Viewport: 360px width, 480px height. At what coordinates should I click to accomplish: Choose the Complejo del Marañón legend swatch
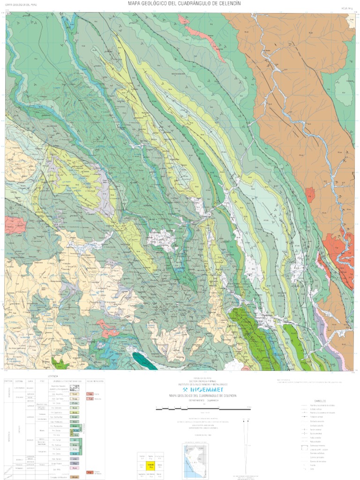click(x=74, y=477)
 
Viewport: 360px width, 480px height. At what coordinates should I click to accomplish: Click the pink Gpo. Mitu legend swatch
click(x=74, y=468)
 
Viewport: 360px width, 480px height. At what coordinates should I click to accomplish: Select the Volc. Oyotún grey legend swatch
click(x=74, y=458)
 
